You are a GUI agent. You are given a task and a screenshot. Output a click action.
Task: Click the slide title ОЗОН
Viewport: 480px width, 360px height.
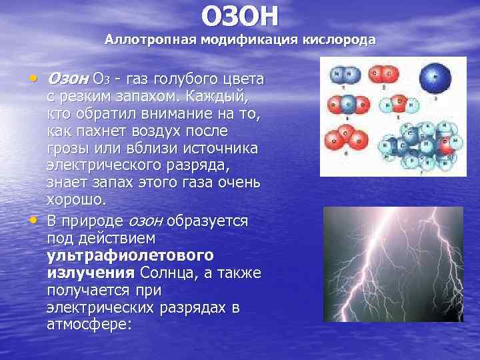[240, 16]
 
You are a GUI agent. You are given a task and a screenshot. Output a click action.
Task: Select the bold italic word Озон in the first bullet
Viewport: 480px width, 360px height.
[66, 79]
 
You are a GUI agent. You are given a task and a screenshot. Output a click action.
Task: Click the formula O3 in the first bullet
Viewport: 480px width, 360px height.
[101, 80]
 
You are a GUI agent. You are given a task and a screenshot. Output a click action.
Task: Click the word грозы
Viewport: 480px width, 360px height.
[67, 148]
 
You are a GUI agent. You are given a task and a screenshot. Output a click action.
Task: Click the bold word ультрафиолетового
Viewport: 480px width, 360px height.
[130, 255]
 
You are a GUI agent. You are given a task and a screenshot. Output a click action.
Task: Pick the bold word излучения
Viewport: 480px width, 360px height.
[91, 273]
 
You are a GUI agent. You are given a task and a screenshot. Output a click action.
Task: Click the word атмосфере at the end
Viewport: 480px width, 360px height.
[89, 325]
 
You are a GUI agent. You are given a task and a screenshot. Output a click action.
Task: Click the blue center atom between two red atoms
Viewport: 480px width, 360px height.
[347, 104]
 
